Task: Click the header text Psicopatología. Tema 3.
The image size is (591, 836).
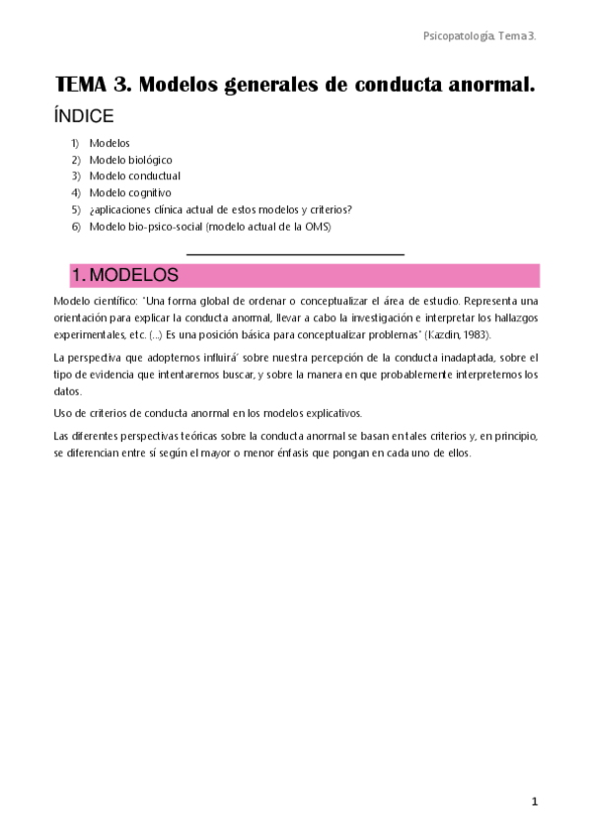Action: [x=479, y=35]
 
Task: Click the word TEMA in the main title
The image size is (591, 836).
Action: [x=88, y=85]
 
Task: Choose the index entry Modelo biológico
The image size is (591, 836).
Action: [x=130, y=160]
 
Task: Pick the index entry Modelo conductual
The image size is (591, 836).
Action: [x=134, y=175]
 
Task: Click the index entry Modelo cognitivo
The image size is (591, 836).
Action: [x=129, y=192]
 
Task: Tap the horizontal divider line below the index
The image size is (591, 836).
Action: [x=295, y=254]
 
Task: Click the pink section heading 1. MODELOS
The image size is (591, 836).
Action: [x=124, y=275]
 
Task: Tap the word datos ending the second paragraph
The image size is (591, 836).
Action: [x=67, y=391]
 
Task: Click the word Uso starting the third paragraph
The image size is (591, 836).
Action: [x=63, y=413]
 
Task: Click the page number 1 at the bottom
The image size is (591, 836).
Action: [x=534, y=802]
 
